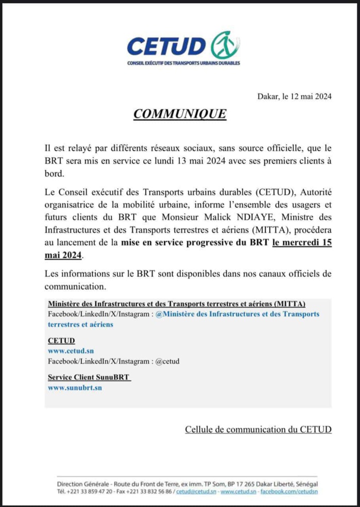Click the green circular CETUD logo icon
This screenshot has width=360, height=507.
(225, 45)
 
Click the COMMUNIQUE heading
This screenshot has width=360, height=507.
(180, 114)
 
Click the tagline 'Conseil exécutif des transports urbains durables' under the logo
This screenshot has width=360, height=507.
(183, 63)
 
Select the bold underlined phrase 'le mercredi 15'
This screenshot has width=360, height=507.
(301, 244)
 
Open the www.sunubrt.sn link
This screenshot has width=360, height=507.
(75, 387)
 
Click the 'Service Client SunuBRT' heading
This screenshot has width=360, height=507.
(89, 377)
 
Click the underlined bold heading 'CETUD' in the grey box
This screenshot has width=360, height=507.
(61, 341)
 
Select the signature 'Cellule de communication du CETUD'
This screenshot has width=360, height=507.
(258, 429)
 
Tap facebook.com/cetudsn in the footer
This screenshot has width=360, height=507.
(288, 492)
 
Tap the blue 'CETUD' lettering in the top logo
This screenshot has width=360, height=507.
(166, 46)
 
